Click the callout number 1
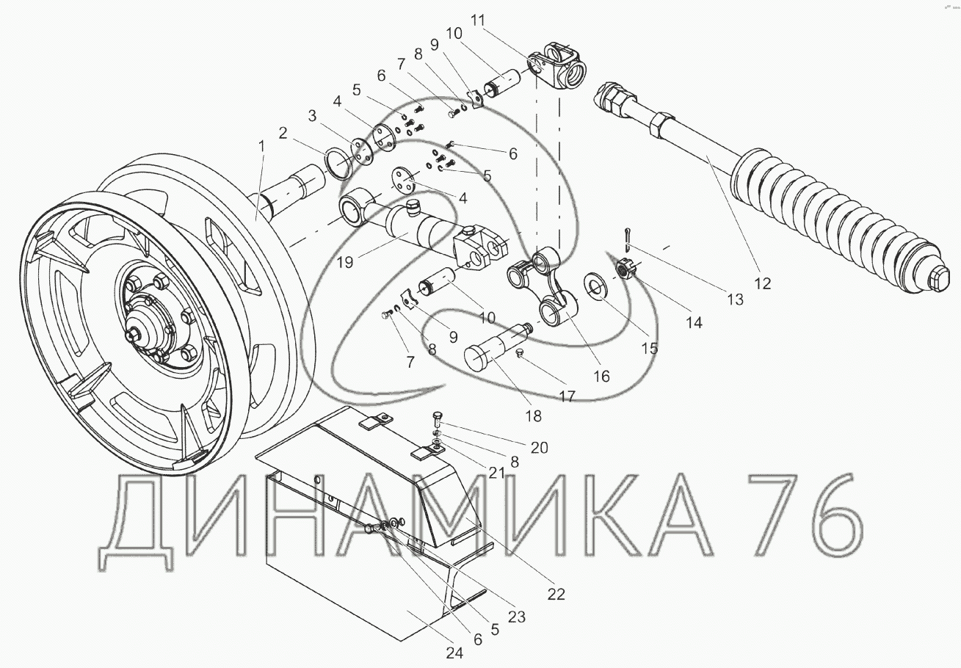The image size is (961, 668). pyautogui.click(x=261, y=147)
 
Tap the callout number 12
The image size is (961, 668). pyautogui.click(x=762, y=283)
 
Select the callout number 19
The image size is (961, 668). pyautogui.click(x=345, y=262)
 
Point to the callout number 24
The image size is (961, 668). pyautogui.click(x=454, y=653)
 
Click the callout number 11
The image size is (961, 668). pyautogui.click(x=477, y=20)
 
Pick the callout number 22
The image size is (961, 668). pyautogui.click(x=556, y=594)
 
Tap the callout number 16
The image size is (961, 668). pyautogui.click(x=601, y=377)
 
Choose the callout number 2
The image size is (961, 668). pyautogui.click(x=283, y=134)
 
